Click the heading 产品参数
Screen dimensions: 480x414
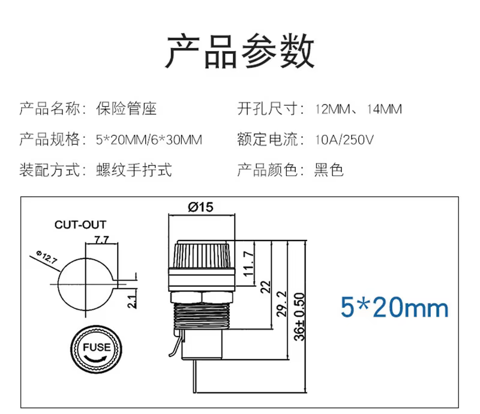click(x=239, y=51)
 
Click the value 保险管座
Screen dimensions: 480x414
click(x=126, y=109)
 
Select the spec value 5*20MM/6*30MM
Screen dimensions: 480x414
click(x=149, y=140)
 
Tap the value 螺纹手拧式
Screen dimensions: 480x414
click(x=134, y=170)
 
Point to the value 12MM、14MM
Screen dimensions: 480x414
click(x=358, y=109)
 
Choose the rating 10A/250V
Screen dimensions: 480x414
click(x=344, y=140)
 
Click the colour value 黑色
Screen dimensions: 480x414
click(x=329, y=170)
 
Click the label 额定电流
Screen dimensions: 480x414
click(x=268, y=139)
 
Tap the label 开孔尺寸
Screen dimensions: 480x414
click(x=268, y=109)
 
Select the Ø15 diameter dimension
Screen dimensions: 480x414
click(x=201, y=208)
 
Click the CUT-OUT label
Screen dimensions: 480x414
click(x=80, y=225)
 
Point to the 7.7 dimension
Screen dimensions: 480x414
click(x=101, y=239)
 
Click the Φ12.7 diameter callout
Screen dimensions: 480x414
click(x=47, y=257)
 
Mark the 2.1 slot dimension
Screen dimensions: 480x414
click(x=132, y=302)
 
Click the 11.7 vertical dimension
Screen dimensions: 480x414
click(x=248, y=263)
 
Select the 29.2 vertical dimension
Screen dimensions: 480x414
click(x=281, y=304)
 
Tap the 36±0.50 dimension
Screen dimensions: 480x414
click(x=299, y=317)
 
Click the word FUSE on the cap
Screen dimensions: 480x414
click(x=97, y=347)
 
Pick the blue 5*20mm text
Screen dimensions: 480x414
click(x=395, y=307)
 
